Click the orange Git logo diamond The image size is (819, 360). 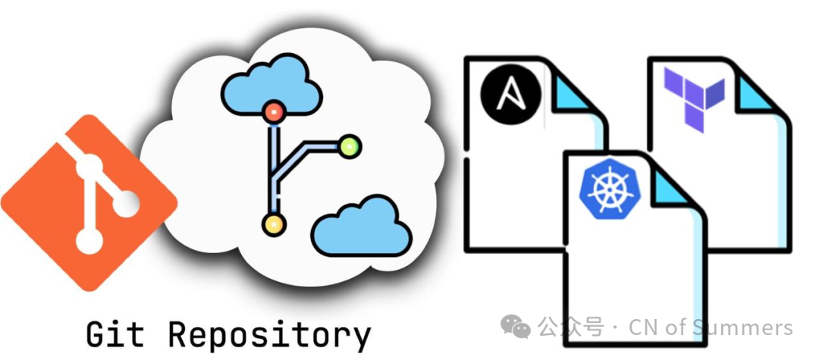coord(89,203)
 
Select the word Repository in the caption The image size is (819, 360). coord(269,334)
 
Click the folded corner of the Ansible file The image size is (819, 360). coord(577,99)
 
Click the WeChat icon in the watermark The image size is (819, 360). coord(520,327)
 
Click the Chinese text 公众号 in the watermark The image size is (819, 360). coord(571,327)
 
